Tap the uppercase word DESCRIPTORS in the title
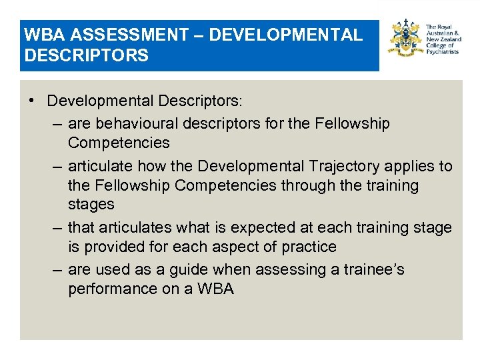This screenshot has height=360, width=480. (x=86, y=55)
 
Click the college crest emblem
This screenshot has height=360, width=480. (x=406, y=41)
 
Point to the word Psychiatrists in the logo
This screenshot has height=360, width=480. (x=443, y=51)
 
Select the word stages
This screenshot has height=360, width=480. (x=91, y=204)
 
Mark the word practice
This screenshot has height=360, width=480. (x=309, y=247)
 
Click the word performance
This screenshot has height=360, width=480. (x=112, y=289)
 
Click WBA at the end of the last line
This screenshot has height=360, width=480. (x=215, y=289)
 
